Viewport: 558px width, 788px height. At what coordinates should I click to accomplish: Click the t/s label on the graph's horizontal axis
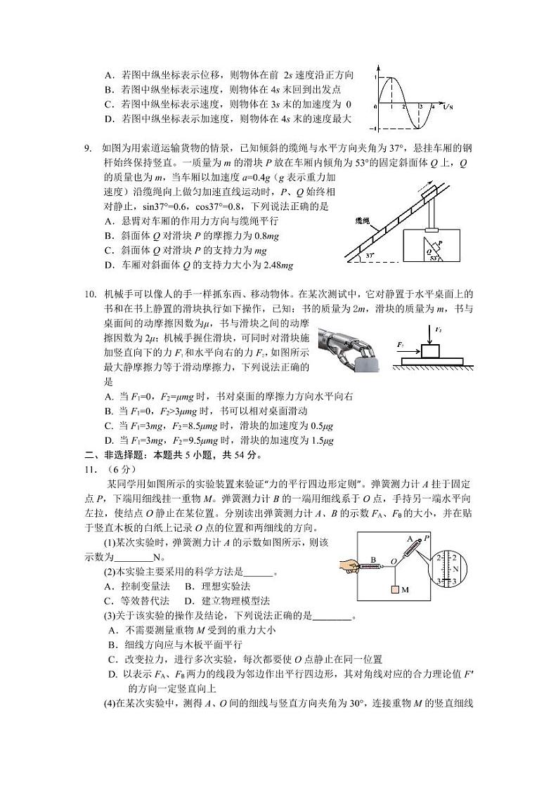448,106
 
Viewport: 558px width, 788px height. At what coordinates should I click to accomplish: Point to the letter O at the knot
394,560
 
